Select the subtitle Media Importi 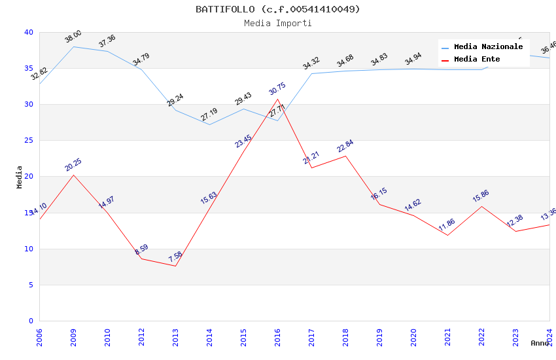277,23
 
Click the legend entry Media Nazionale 488,47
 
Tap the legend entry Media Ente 477,60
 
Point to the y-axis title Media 19,177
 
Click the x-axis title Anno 540,343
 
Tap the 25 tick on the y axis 28,140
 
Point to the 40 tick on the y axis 28,32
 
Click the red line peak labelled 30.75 277,99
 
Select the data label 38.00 73,37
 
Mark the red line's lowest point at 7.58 175,266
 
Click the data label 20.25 73,165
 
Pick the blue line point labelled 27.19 209,124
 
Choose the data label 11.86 447,225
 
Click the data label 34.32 311,63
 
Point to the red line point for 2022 481,206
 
